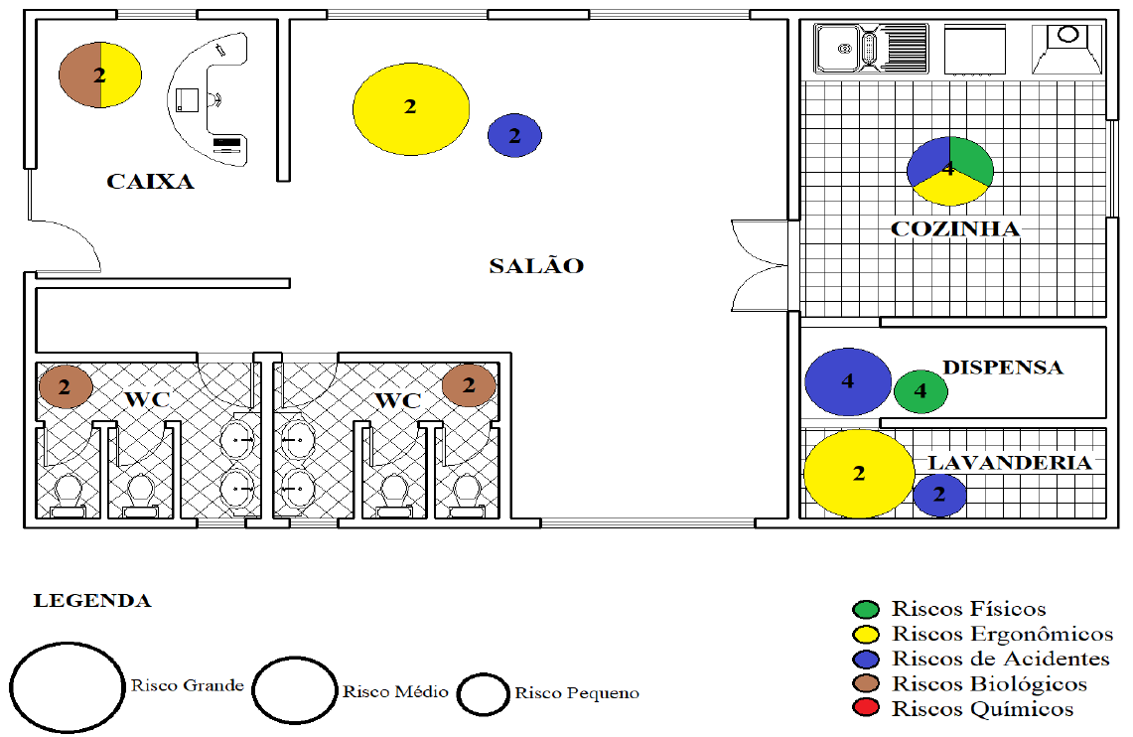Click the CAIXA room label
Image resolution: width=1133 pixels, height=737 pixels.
[x=150, y=181]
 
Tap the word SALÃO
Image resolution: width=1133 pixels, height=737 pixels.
[x=536, y=265]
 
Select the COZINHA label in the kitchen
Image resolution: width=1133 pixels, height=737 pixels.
[x=954, y=229]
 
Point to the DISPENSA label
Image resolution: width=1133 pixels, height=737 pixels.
[x=1003, y=368]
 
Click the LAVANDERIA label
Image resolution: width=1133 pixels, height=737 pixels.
[x=1010, y=463]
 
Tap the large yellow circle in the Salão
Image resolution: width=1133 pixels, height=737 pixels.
[x=411, y=109]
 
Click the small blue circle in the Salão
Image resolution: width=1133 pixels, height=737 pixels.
[x=514, y=135]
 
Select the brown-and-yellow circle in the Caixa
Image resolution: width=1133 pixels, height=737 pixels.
[x=99, y=74]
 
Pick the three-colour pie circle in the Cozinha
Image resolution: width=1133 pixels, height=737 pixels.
[x=949, y=171]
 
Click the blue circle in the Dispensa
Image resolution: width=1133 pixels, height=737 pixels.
[x=848, y=381]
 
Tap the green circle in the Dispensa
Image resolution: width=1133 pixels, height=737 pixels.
[x=921, y=391]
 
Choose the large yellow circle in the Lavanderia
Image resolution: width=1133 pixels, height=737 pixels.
[x=859, y=474]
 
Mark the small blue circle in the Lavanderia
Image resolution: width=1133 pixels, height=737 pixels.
[x=939, y=495]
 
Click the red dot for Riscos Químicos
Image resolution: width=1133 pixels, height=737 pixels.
[x=866, y=708]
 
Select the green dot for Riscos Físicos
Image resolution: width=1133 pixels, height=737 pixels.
[x=866, y=609]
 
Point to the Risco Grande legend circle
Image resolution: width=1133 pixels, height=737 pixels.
[x=68, y=687]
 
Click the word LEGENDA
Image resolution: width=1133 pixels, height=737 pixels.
[x=92, y=601]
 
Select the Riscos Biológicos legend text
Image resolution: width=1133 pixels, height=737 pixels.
[x=989, y=683]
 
